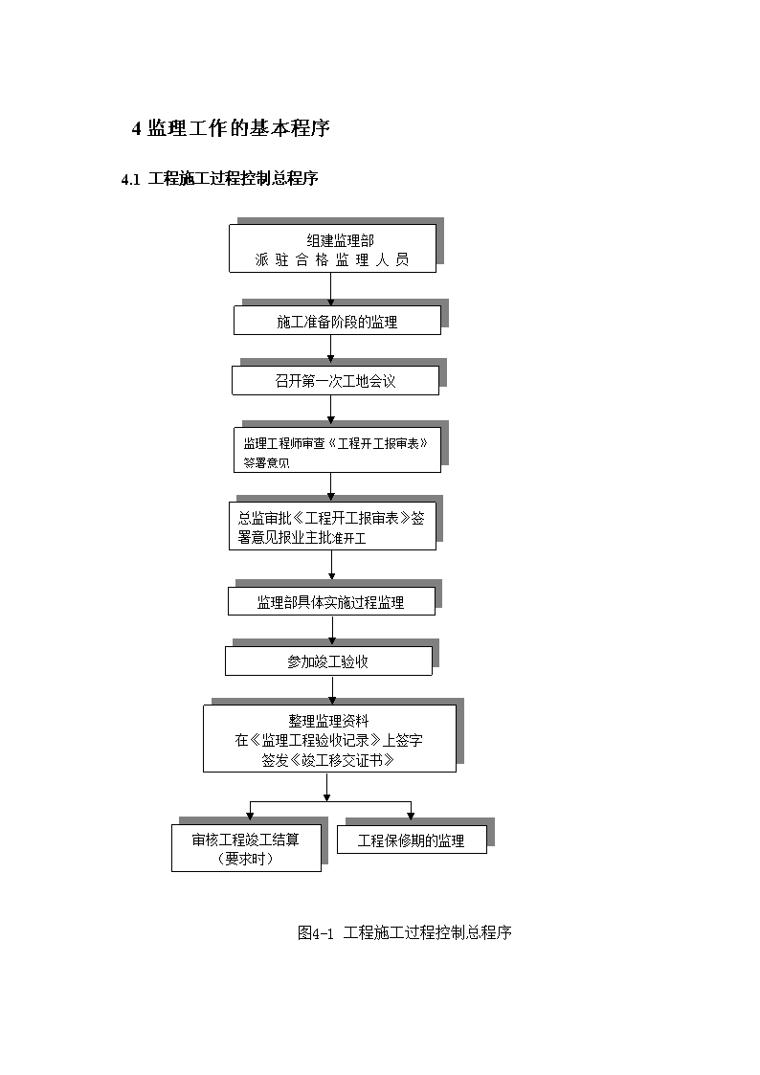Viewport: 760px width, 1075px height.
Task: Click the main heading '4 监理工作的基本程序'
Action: point(231,128)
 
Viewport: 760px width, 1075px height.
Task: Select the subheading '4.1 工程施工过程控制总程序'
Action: point(219,179)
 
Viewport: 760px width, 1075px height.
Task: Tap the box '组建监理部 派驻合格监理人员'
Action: point(332,248)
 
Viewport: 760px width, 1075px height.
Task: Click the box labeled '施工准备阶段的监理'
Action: point(337,320)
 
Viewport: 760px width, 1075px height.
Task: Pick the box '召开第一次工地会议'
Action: point(335,380)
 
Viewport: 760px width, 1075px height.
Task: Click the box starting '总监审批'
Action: point(332,526)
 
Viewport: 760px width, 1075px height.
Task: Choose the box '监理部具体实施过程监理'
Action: point(332,601)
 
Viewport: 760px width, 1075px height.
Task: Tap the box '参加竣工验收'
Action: point(329,661)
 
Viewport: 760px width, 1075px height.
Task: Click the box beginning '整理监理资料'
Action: point(329,738)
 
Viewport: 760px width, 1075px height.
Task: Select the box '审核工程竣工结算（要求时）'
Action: point(246,848)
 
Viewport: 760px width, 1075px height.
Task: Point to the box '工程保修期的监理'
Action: point(412,840)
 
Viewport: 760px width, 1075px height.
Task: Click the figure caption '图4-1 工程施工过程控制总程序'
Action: point(404,932)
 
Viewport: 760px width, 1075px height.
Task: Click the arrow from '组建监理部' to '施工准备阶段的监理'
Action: point(331,289)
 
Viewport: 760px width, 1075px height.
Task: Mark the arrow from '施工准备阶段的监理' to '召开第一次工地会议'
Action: point(331,350)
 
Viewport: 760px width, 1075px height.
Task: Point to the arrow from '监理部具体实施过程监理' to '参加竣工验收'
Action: point(332,631)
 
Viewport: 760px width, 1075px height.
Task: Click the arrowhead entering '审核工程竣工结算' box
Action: point(250,817)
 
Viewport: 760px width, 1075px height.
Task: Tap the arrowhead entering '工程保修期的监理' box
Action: point(412,817)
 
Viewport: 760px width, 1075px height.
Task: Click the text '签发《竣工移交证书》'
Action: point(328,760)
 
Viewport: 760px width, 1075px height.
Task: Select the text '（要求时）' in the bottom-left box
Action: point(245,859)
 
